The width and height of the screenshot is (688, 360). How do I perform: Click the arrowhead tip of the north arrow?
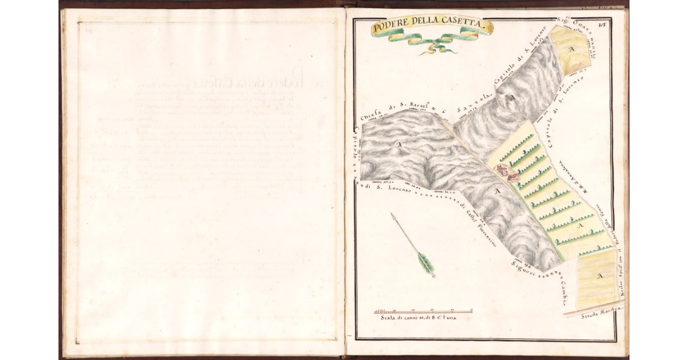(x=392, y=215)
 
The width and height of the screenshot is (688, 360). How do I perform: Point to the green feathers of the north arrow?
(x=425, y=263)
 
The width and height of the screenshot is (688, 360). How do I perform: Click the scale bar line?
(x=423, y=312)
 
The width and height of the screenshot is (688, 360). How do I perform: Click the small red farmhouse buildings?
(x=505, y=172)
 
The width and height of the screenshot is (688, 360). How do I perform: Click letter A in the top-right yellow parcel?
(x=570, y=50)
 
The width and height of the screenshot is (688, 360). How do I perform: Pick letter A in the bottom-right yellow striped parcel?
(x=600, y=277)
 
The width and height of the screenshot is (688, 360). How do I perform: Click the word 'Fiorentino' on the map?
(x=487, y=233)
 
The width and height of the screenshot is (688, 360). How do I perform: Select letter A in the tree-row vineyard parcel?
(x=579, y=228)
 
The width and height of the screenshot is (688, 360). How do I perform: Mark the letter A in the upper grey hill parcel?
(x=514, y=99)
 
